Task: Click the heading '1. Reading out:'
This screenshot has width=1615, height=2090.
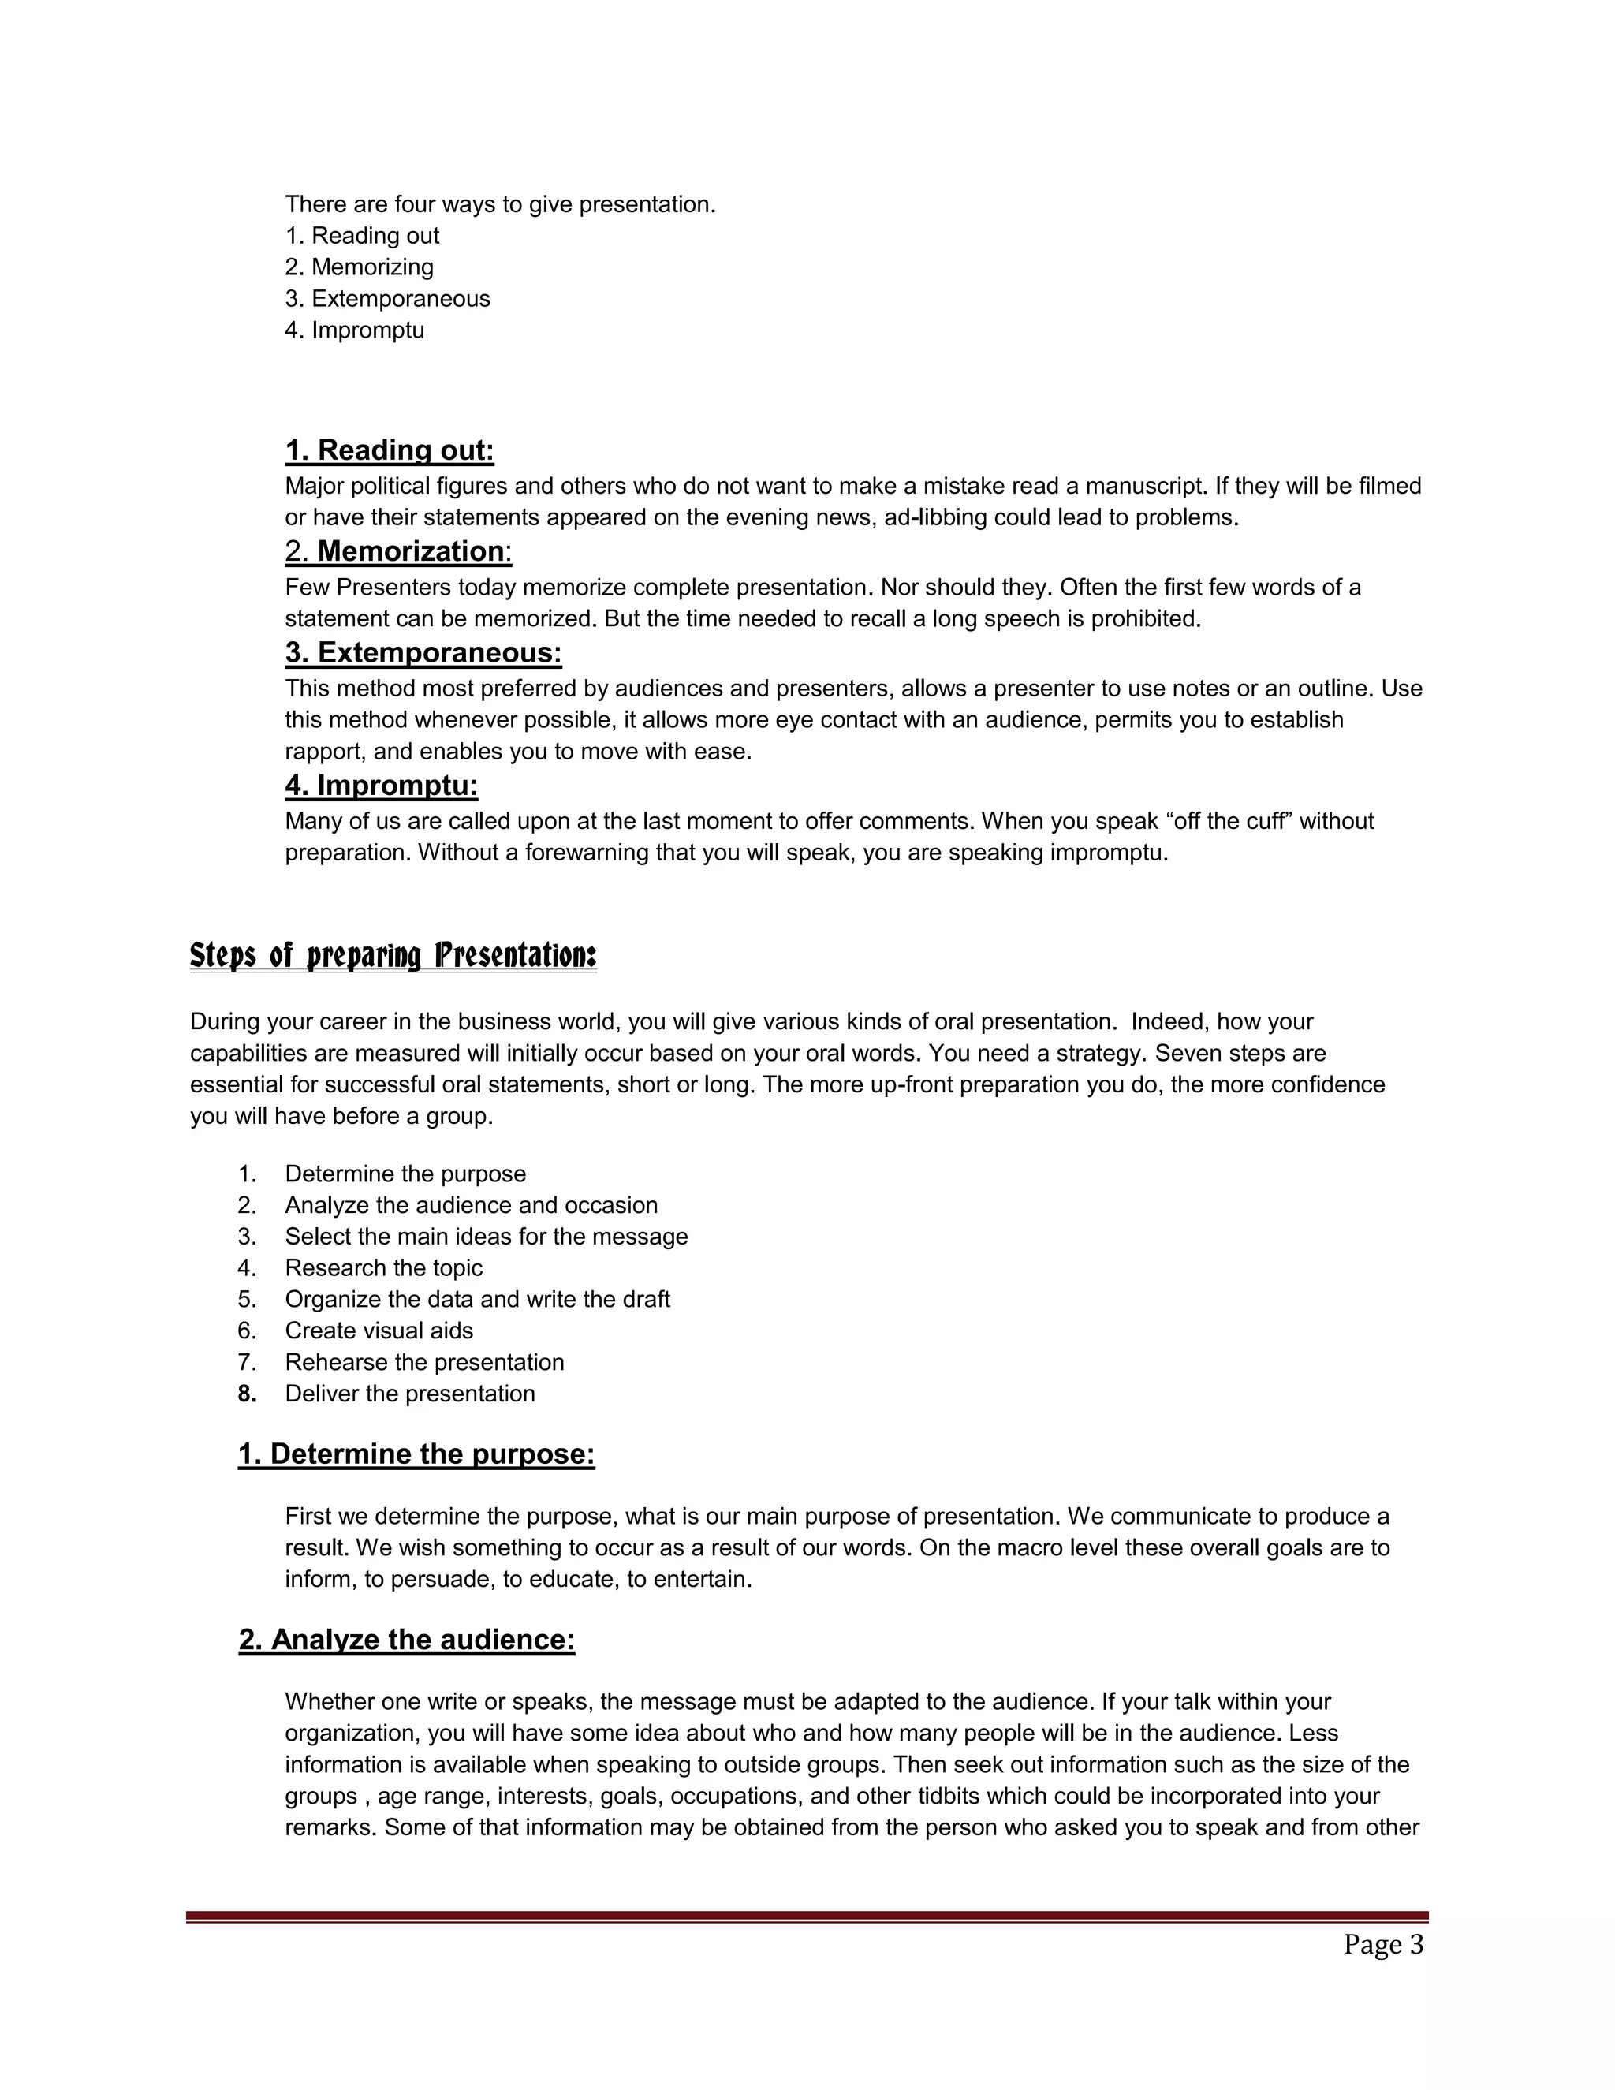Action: tap(390, 450)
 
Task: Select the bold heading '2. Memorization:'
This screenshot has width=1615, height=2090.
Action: tap(398, 551)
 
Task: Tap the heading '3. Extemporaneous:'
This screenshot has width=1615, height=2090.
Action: tap(423, 653)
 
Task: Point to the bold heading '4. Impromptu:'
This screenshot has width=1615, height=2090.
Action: tap(381, 786)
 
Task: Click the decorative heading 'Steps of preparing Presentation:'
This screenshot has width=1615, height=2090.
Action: tap(393, 955)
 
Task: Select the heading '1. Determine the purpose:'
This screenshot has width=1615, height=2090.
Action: tap(416, 1454)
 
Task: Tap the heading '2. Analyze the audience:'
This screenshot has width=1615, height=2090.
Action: tap(407, 1640)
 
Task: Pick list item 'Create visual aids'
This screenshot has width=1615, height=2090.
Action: tap(379, 1331)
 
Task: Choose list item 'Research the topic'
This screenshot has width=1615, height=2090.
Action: tap(384, 1267)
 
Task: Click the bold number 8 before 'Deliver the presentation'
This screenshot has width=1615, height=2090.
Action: tap(247, 1394)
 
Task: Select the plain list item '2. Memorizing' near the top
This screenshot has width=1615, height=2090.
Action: tap(359, 267)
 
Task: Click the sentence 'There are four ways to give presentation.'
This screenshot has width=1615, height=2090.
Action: tap(499, 203)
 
